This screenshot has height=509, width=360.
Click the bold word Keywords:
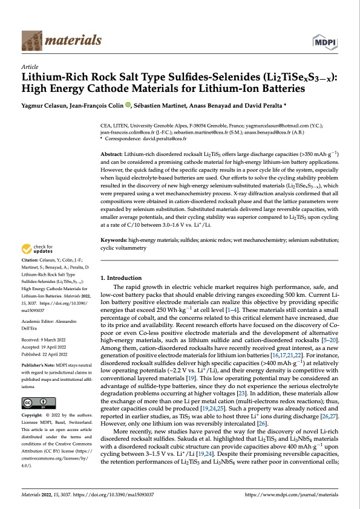tap(115, 241)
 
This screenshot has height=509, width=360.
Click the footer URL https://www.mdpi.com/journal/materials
tap(292, 495)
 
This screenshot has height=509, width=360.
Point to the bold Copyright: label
tap(34, 418)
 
